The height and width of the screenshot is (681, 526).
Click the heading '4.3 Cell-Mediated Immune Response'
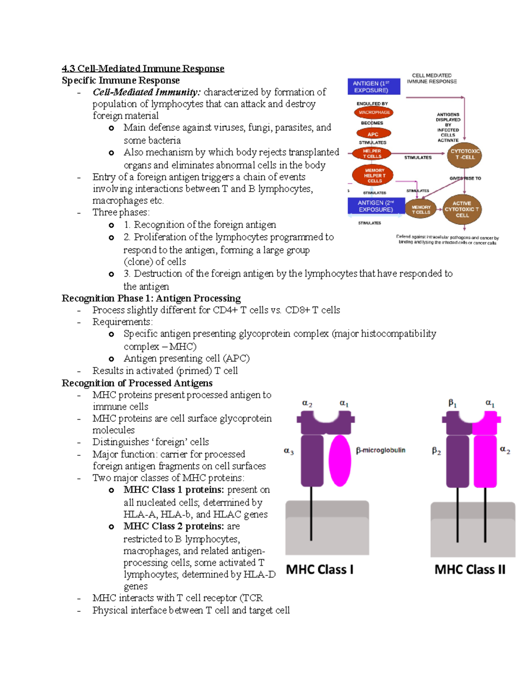tap(143, 68)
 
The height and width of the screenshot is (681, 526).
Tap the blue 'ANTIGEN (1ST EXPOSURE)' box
tap(373, 87)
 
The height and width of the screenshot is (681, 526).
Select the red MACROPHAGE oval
tap(373, 112)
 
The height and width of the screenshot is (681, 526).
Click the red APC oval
tap(373, 134)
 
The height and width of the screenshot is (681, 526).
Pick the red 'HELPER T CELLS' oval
tap(372, 153)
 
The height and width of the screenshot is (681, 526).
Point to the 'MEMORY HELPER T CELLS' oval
tap(373, 175)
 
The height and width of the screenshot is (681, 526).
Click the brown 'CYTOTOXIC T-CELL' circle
tap(465, 154)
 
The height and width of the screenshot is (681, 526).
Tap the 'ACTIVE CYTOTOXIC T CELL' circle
tap(462, 209)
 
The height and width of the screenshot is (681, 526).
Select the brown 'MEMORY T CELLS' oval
tap(421, 210)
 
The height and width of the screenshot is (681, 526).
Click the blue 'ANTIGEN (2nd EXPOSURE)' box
tap(375, 206)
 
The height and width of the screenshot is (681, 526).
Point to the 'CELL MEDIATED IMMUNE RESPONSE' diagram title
tap(431, 78)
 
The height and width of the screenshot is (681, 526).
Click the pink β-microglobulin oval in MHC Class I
tap(340, 460)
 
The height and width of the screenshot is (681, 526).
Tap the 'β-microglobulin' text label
tap(380, 450)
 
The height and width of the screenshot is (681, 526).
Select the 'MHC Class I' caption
tap(320, 570)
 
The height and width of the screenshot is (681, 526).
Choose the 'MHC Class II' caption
tap(469, 570)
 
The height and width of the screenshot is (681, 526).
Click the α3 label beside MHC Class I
tap(288, 451)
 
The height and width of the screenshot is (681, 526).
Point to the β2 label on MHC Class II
tap(436, 451)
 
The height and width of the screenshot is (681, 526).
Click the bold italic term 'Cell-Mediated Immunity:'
tap(146, 92)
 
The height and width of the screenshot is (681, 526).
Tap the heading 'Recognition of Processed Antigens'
tap(137, 383)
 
